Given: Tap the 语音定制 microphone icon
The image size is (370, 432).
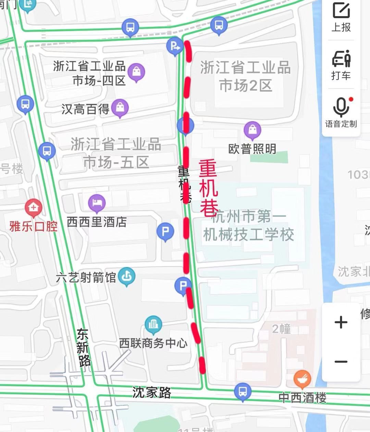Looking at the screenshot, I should coord(341,108).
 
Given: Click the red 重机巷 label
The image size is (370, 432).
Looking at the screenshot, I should coord(209,188).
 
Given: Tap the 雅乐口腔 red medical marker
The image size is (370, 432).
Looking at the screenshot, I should coord(34,208).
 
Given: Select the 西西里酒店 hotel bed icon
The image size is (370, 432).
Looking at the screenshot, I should coord(97,203).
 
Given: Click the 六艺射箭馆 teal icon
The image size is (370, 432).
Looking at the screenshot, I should coord(126,276).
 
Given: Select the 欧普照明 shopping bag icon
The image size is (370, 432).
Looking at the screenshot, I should coord(252,131).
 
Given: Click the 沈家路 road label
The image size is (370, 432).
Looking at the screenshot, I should coord(152,393).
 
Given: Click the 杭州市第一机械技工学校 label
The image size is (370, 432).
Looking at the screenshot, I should coord(249,226).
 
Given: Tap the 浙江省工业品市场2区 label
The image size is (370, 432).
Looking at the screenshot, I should coord(245,76).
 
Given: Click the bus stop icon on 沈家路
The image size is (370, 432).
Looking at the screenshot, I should coord(243,392).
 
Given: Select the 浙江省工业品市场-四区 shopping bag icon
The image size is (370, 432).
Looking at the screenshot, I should coord(136,72).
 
